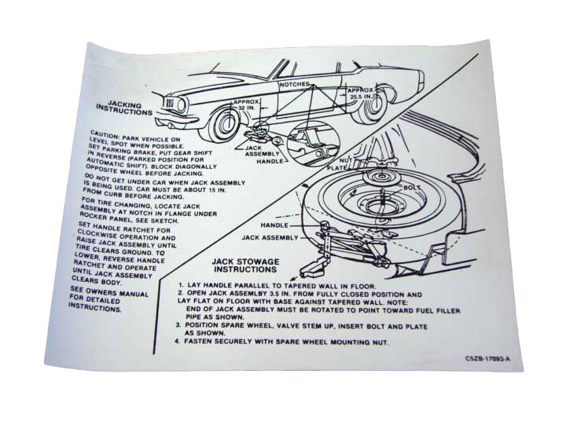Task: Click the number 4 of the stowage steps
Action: click(x=178, y=342)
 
